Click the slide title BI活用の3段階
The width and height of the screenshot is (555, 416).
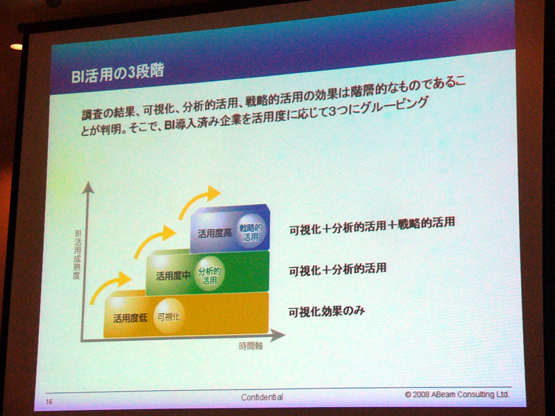coord(118,73)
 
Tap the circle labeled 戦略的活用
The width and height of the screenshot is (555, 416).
coord(250,232)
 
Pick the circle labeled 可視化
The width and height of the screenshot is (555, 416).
coord(169,316)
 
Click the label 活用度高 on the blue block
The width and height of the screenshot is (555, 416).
coord(215,233)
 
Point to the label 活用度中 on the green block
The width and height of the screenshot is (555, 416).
coord(173,275)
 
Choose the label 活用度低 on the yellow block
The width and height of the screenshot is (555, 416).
coord(130,318)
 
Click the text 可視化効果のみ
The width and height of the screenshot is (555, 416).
coord(326,311)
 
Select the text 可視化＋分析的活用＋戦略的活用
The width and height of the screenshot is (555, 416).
coord(372,225)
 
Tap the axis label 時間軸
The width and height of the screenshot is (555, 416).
coord(250,345)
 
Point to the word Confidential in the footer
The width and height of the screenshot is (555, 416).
coord(262,397)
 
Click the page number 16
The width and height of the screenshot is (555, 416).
coord(49,401)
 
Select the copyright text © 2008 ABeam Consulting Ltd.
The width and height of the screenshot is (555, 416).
coord(457,394)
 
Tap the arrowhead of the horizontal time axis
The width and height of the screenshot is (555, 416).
coord(278,335)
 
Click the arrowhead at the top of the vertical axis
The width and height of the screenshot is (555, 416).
coord(88,188)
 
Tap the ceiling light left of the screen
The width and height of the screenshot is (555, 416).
coord(16,46)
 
